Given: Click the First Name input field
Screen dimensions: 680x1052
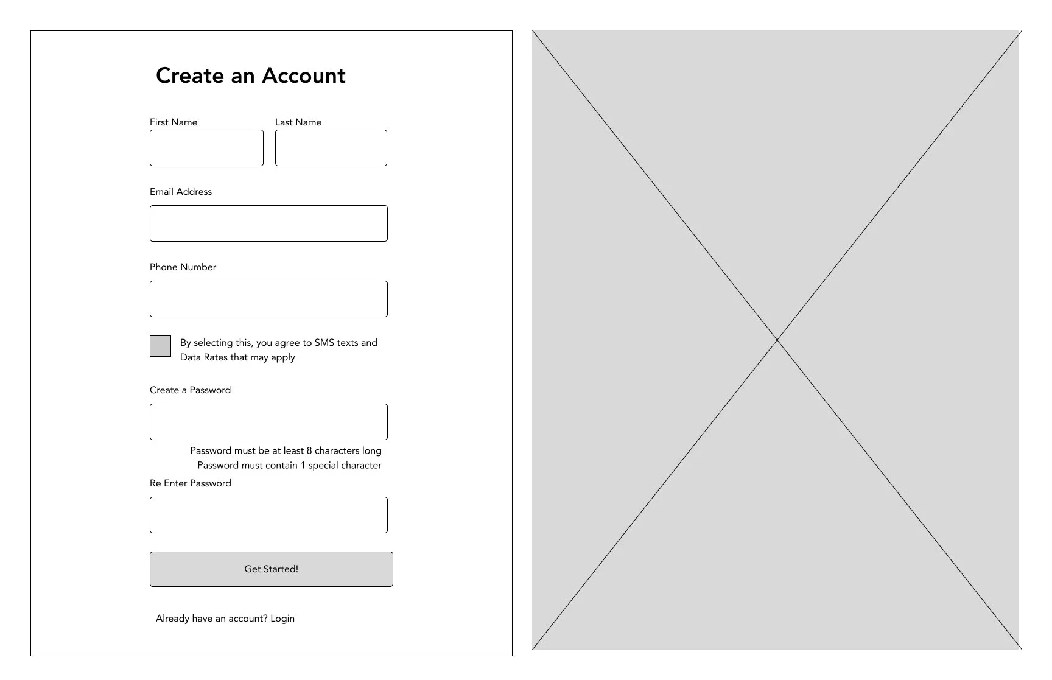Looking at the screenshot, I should point(206,148).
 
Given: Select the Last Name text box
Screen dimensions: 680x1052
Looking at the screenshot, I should point(331,148).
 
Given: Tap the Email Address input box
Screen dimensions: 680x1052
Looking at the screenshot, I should point(268,223).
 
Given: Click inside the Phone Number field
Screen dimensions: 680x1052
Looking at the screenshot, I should point(268,299).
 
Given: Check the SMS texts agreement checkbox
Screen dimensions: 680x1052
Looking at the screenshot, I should point(160,346).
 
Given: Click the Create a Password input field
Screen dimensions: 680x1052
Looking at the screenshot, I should point(268,422).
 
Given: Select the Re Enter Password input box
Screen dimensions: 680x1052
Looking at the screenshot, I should point(268,515).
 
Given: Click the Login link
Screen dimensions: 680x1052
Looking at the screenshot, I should point(282,619).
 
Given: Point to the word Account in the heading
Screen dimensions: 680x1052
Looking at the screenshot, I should point(304,75).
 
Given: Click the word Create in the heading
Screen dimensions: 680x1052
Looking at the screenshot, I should point(190,75).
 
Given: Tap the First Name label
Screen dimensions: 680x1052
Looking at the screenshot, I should point(174,122).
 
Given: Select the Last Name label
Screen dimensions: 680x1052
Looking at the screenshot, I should point(298,122).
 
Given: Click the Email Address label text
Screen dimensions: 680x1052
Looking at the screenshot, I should point(181,192).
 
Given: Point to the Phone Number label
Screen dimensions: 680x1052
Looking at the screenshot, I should point(183,267).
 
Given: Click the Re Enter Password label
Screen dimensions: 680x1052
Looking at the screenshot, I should point(191,483).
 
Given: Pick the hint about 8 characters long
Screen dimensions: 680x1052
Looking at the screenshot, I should point(286,451).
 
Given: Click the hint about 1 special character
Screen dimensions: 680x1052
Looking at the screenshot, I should point(289,466).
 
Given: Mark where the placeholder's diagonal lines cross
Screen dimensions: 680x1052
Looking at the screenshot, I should point(777,340).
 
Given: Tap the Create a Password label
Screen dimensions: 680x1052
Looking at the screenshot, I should point(190,390).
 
